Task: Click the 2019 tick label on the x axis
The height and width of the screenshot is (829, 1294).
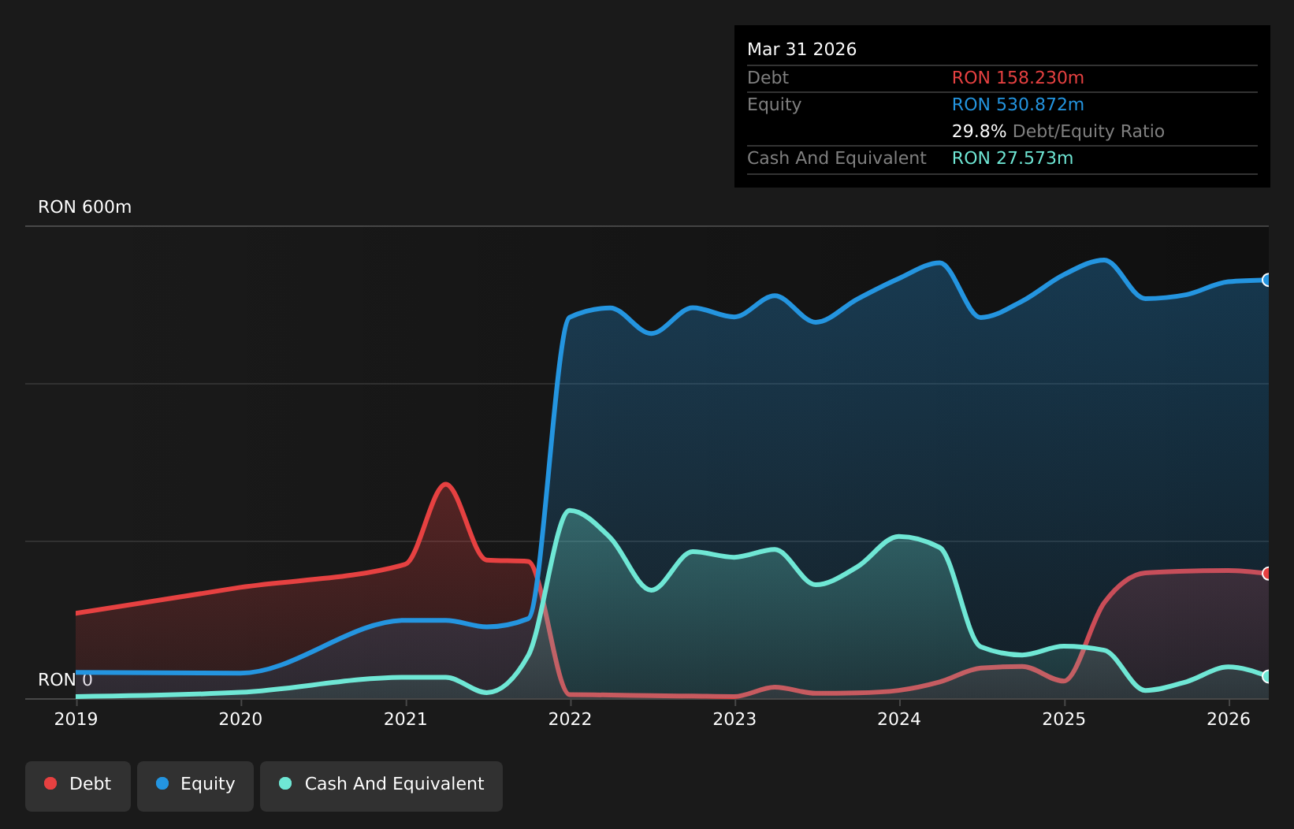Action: [x=76, y=719]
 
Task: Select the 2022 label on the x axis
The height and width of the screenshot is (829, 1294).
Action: [x=570, y=719]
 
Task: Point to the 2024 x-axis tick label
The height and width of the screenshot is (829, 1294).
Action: [x=899, y=719]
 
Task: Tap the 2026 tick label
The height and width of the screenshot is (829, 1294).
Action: [x=1228, y=719]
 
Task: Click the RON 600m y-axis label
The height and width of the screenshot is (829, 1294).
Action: [x=85, y=206]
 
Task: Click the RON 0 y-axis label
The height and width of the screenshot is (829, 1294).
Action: [x=65, y=680]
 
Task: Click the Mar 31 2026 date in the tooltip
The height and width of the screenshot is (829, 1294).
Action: [x=801, y=50]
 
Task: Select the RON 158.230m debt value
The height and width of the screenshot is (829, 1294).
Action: [x=1018, y=78]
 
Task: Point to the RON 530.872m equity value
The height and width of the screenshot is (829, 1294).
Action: [x=1018, y=105]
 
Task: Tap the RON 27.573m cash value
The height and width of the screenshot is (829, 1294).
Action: [x=1013, y=158]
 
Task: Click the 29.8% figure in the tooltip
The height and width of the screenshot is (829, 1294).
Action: [x=979, y=132]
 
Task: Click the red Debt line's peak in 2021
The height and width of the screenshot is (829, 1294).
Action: [x=445, y=484]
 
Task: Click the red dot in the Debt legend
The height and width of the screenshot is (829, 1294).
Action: [x=51, y=783]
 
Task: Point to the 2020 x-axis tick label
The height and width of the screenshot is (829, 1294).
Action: [x=240, y=719]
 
